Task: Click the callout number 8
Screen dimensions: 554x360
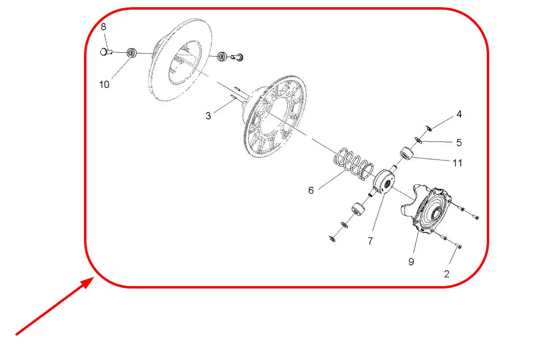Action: click(103, 27)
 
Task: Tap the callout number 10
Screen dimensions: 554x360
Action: click(104, 84)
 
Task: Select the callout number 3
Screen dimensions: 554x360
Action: click(208, 116)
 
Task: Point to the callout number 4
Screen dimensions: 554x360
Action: click(459, 114)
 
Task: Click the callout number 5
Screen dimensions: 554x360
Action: click(459, 143)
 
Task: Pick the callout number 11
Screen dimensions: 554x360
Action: click(458, 163)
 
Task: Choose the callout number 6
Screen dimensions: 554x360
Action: click(311, 191)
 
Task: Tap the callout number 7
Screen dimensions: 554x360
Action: click(370, 241)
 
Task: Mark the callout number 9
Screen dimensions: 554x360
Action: click(411, 262)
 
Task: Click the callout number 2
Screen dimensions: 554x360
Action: click(446, 274)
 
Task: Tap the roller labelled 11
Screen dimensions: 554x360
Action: click(407, 153)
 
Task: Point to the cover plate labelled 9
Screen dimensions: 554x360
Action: click(426, 208)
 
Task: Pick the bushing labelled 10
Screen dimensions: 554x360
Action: click(132, 53)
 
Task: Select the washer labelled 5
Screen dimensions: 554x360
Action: click(419, 140)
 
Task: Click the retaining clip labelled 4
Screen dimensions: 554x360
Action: click(428, 128)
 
